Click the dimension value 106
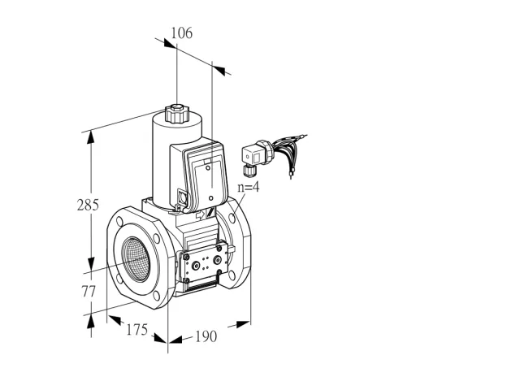point(181,33)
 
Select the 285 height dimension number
point(88,205)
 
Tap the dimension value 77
point(89,292)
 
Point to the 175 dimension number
point(136,330)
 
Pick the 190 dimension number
point(206,336)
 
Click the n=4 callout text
point(249,187)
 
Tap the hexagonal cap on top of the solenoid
point(177,114)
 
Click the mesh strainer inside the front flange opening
point(136,258)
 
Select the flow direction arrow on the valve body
point(201,214)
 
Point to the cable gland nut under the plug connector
point(247,170)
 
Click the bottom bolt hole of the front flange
point(156,296)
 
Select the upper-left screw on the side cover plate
point(186,257)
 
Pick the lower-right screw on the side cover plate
point(219,272)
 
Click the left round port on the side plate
point(197,266)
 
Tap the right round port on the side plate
point(217,260)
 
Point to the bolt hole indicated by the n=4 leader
point(232,218)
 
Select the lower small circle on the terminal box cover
point(211,198)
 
